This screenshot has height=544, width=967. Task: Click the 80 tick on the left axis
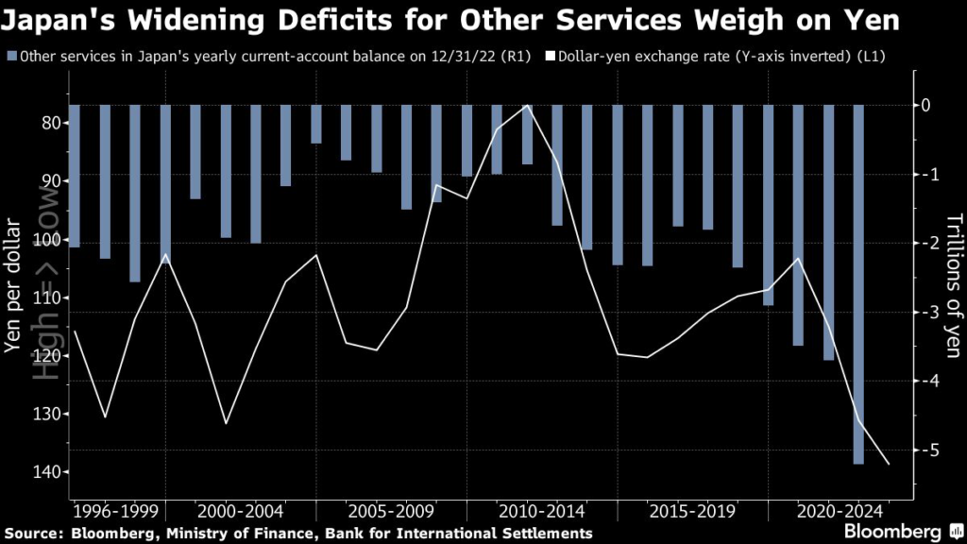(x=49, y=123)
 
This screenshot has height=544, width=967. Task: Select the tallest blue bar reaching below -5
(x=858, y=283)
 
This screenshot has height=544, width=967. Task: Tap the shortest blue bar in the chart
(x=315, y=124)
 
